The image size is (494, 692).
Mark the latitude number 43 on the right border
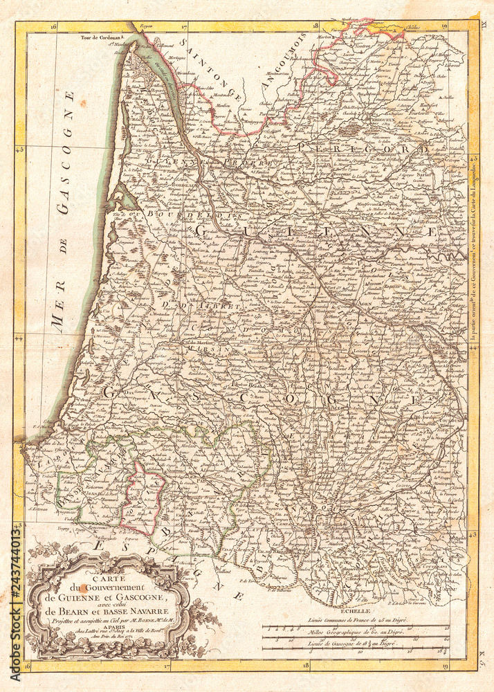click(472, 534)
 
